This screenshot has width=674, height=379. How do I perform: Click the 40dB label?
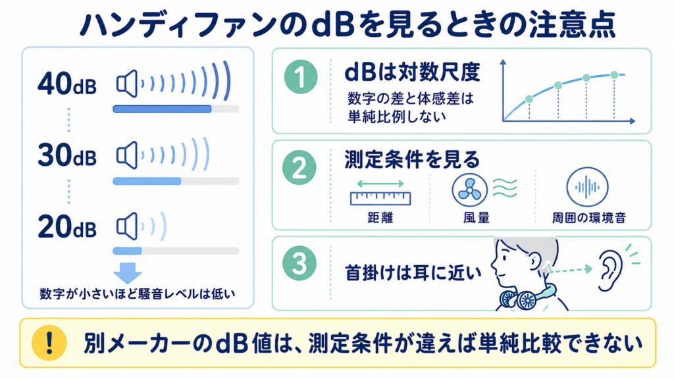[67, 84]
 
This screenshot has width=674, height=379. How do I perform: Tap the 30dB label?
[67, 155]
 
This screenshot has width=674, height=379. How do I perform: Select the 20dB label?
[67, 227]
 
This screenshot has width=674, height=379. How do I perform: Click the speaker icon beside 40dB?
[127, 84]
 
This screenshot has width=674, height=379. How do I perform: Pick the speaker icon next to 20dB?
[127, 226]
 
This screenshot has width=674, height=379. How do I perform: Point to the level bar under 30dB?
[176, 182]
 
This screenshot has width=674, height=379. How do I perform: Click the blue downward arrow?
[128, 272]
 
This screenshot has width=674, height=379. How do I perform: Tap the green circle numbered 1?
[301, 77]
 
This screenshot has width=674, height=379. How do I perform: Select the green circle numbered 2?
[299, 168]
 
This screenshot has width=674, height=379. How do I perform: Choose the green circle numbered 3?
[299, 263]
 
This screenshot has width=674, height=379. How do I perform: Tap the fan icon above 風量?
[470, 189]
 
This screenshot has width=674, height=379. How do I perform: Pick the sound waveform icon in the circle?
[587, 188]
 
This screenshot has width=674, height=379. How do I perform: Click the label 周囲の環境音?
[589, 218]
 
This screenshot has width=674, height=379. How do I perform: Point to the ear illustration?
[610, 271]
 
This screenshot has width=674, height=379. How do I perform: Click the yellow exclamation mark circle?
[49, 342]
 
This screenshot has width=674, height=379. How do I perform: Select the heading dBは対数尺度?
[412, 72]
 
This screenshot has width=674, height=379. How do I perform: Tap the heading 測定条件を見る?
[412, 160]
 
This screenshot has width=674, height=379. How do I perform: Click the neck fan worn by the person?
[527, 297]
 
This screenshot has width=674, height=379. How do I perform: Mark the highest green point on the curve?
[614, 75]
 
